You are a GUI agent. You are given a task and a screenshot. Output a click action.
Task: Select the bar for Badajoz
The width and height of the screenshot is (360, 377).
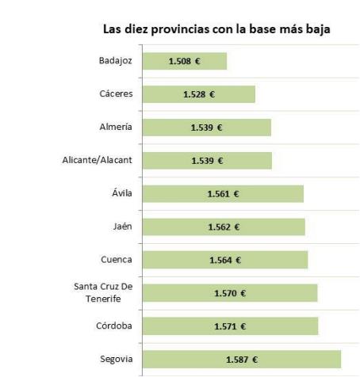[x=185, y=61]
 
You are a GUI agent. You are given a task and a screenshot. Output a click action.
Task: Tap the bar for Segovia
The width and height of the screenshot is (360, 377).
[x=242, y=359]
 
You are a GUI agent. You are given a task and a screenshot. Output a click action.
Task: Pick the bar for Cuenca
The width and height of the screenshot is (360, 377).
[x=225, y=260]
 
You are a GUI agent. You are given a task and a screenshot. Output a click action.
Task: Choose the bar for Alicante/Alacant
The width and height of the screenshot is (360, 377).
[x=207, y=161]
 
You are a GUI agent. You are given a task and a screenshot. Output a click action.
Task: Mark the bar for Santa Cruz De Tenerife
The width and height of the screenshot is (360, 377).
[x=230, y=293]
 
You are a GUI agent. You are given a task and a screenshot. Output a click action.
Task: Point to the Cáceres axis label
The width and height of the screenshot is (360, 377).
[x=115, y=94]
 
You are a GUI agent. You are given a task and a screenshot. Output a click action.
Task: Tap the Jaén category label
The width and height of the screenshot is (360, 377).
[x=122, y=227]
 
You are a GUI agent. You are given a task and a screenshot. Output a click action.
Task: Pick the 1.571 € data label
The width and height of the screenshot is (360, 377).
[x=230, y=326]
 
